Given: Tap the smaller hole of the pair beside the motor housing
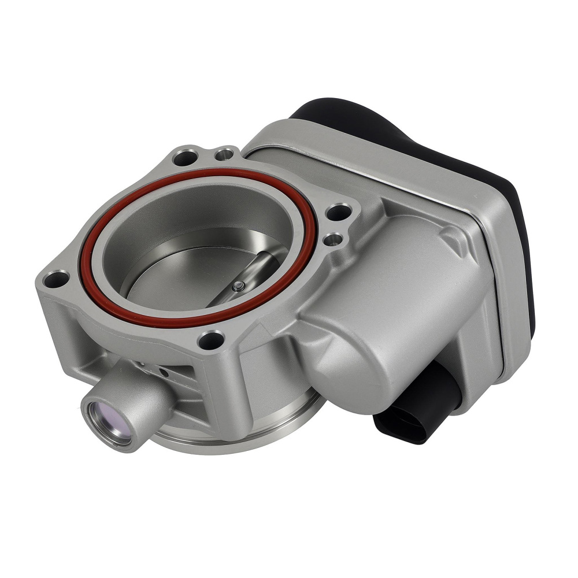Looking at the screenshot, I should click(x=334, y=238).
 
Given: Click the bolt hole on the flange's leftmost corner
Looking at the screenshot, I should click(x=56, y=280).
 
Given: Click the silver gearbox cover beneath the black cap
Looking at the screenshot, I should click(x=405, y=173).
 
